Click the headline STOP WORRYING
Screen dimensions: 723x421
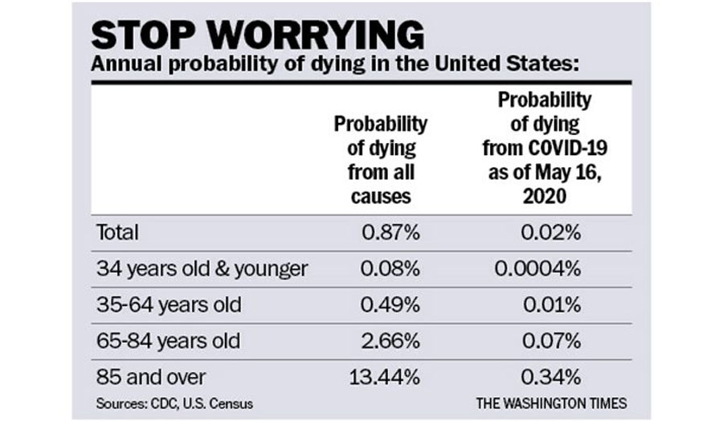coord(257,35)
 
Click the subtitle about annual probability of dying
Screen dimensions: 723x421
coord(335,63)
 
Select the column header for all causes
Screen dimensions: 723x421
coord(381,160)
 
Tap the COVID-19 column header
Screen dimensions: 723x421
coord(545,148)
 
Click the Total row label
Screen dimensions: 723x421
coord(117,232)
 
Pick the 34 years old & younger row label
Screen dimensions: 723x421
coord(202,269)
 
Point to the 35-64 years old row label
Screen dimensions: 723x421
coord(169,305)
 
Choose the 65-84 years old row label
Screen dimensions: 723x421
coord(169,341)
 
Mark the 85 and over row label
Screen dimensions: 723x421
coord(151,377)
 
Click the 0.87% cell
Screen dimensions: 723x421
coord(390,232)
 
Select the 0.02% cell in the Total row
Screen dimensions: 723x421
coord(550,232)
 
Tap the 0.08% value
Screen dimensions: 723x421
coord(390,268)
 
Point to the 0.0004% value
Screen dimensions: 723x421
coord(537,268)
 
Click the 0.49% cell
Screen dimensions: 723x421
coord(390,305)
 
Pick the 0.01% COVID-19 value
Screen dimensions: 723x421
coord(551,305)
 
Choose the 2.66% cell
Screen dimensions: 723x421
coord(390,341)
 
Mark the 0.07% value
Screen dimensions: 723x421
coord(551,341)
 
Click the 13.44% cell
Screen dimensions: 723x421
coord(385,377)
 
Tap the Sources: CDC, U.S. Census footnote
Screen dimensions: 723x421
coord(174,404)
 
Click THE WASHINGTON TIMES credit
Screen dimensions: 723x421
coord(551,403)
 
